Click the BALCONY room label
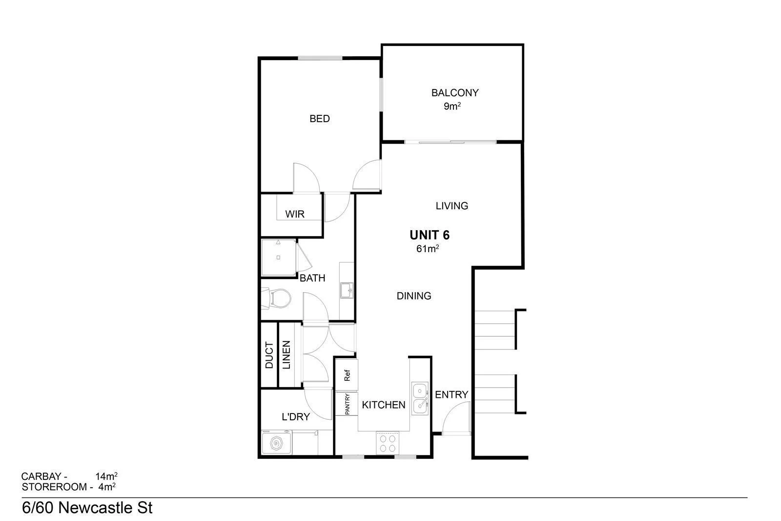click(x=454, y=92)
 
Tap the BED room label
click(x=320, y=119)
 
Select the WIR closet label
click(x=295, y=214)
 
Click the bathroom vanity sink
click(x=347, y=290)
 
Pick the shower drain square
click(x=278, y=257)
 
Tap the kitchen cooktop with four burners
click(x=388, y=443)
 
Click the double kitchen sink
click(x=419, y=398)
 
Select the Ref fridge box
click(x=347, y=375)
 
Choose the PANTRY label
click(x=347, y=404)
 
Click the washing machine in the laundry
click(x=276, y=444)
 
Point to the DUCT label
click(x=269, y=355)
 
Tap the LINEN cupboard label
click(x=286, y=355)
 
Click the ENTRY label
click(x=451, y=394)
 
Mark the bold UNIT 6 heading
click(x=429, y=235)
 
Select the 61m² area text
click(x=427, y=249)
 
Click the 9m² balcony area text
click(x=452, y=106)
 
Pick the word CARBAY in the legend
click(x=41, y=476)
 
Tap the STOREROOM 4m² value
click(x=107, y=487)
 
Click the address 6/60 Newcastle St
click(x=87, y=508)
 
